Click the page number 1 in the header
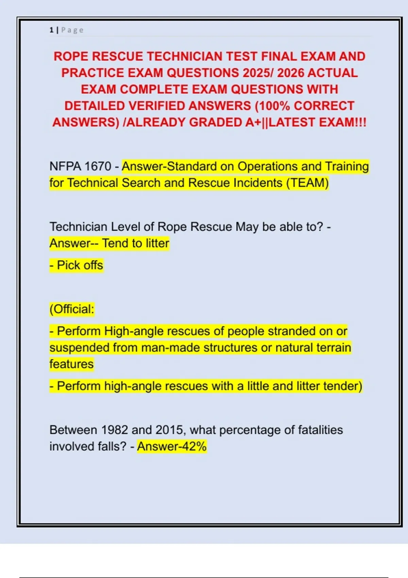click(51, 30)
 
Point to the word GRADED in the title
click(215, 122)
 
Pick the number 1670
click(98, 166)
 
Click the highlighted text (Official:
click(72, 309)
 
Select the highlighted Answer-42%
click(172, 446)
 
